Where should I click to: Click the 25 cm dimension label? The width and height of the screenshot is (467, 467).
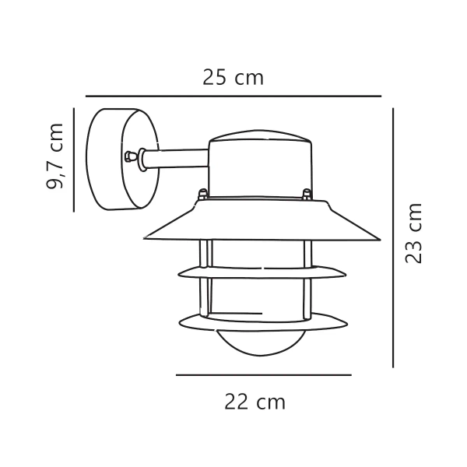pyautogui.click(x=233, y=78)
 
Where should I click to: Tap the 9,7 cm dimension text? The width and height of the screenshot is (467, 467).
pyautogui.click(x=56, y=159)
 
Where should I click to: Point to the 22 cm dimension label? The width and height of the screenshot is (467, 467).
pyautogui.click(x=255, y=402)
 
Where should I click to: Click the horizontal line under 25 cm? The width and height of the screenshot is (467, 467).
pyautogui.click(x=233, y=97)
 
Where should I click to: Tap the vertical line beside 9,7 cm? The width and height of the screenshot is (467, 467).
pyautogui.click(x=73, y=160)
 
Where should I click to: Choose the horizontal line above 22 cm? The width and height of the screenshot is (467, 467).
pyautogui.click(x=263, y=375)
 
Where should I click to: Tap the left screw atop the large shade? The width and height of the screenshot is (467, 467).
pyautogui.click(x=202, y=194)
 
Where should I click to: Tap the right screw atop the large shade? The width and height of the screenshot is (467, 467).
pyautogui.click(x=307, y=194)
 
